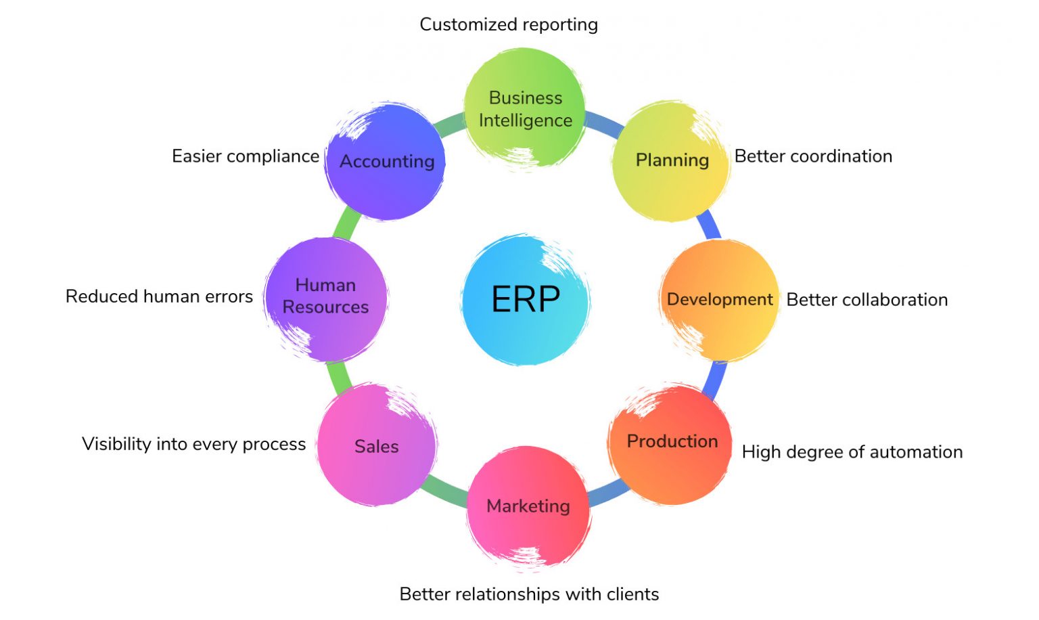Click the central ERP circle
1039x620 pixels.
(x=526, y=299)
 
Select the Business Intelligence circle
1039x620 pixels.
(x=525, y=108)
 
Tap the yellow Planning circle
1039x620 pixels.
(x=671, y=160)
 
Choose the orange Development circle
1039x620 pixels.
(x=719, y=300)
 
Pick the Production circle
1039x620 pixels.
(x=671, y=443)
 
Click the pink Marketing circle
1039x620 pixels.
(x=528, y=506)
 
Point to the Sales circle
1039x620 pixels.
(x=376, y=445)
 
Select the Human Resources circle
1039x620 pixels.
(x=325, y=297)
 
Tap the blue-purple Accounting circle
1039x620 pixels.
(x=386, y=161)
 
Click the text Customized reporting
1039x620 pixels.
(x=509, y=24)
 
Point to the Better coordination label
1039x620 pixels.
(x=813, y=156)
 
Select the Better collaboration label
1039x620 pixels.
(x=867, y=300)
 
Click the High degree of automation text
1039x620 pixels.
(x=852, y=452)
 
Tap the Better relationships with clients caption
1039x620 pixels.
(x=529, y=594)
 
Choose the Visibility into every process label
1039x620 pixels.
(x=193, y=444)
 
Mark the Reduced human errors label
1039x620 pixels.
(x=159, y=296)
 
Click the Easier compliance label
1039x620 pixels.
(x=245, y=156)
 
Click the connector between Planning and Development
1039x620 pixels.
(x=708, y=224)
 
